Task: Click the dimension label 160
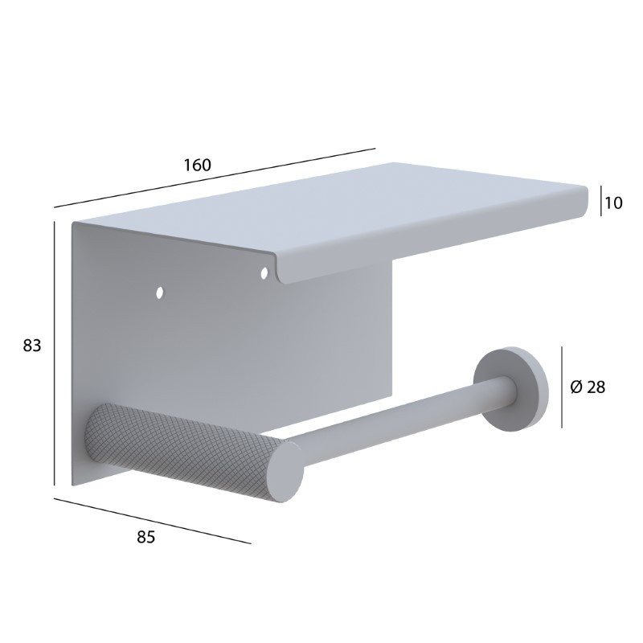click(197, 165)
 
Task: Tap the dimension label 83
click(32, 346)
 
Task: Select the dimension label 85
click(146, 537)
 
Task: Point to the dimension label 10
click(613, 203)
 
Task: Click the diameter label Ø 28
click(588, 387)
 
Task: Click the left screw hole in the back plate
click(159, 293)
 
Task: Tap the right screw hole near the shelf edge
click(264, 272)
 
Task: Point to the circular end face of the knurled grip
click(286, 470)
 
